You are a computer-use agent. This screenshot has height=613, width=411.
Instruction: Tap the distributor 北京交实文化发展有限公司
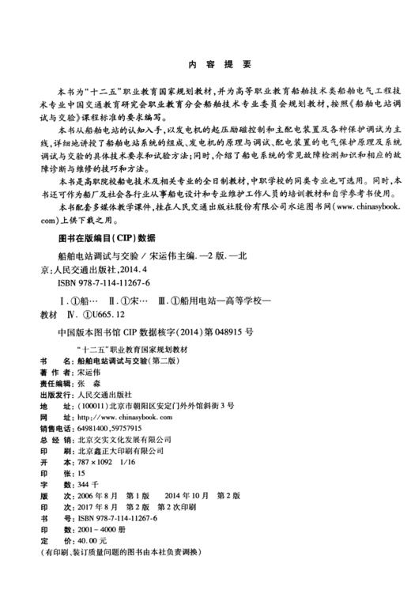click(119, 439)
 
